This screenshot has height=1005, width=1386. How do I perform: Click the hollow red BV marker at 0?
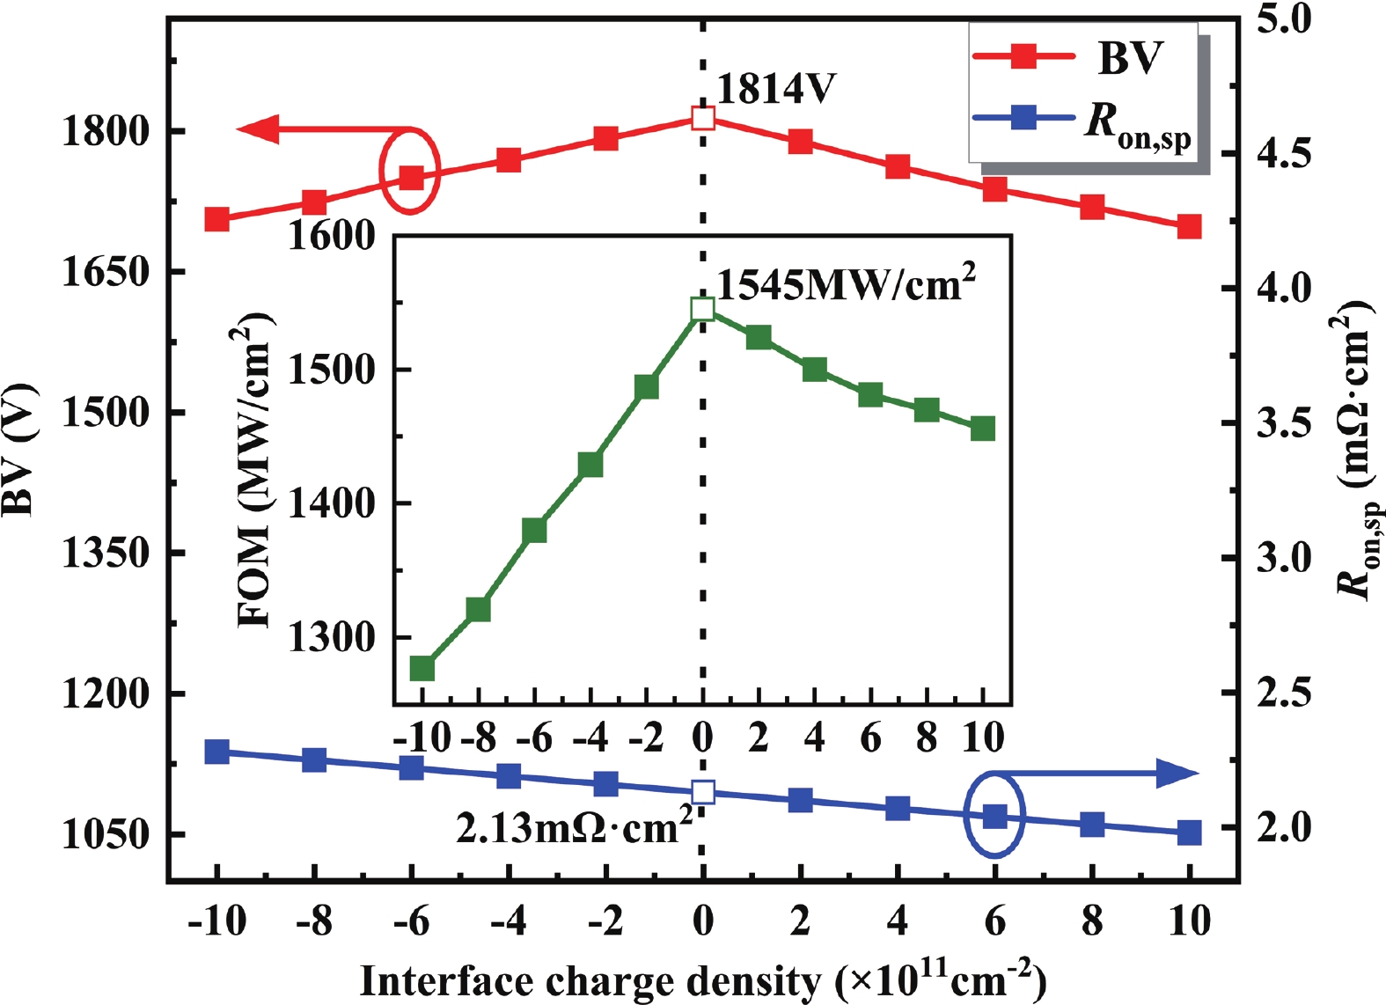point(702,118)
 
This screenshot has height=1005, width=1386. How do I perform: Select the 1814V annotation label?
point(776,89)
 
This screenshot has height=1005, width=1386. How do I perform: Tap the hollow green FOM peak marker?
point(702,308)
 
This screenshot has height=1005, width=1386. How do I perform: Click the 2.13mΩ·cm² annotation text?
point(574,828)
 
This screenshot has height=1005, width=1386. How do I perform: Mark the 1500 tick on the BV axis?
point(105,413)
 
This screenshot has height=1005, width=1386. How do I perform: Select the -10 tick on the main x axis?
point(216,921)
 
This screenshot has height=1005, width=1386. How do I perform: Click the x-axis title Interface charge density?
point(702,980)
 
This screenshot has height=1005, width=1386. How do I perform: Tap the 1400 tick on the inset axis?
point(332,503)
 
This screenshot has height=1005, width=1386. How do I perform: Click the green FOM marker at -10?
point(422,669)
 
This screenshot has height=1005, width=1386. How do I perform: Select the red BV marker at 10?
point(1189,226)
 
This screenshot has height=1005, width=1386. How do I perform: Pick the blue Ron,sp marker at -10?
point(216,752)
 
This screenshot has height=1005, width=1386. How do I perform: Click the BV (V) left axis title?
point(19,449)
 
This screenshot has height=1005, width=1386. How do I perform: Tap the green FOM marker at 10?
point(983,429)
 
